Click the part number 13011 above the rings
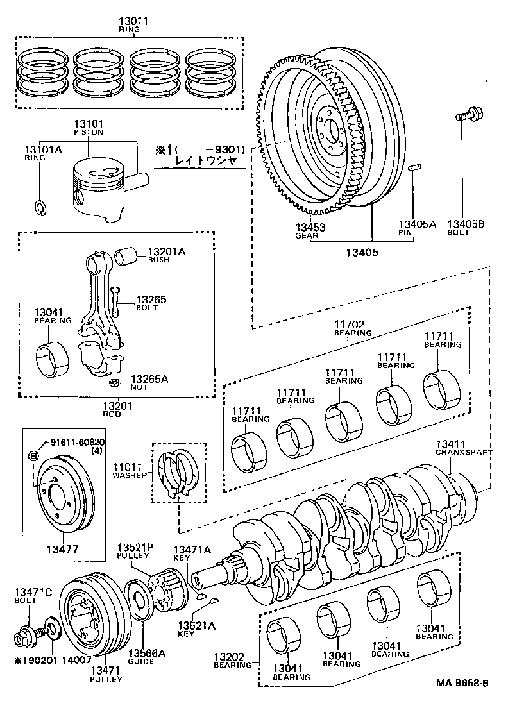click(133, 21)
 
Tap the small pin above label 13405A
click(414, 169)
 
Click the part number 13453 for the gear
click(310, 227)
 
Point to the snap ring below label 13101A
click(40, 207)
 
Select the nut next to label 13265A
click(114, 384)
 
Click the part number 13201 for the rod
click(117, 406)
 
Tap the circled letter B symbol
click(33, 456)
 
